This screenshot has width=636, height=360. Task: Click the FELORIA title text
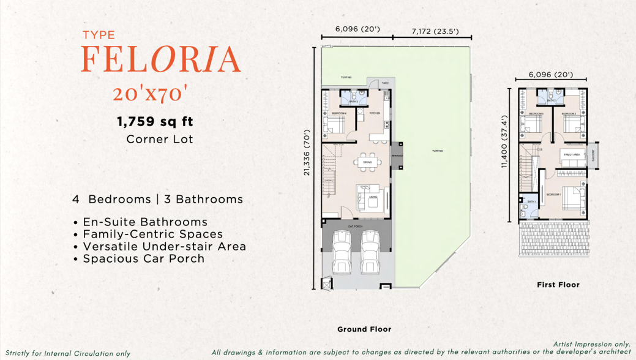[160, 59]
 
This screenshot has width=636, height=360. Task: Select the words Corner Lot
[159, 139]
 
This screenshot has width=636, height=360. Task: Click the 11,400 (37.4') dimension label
[504, 141]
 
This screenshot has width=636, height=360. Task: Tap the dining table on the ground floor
[367, 162]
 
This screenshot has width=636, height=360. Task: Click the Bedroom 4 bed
[335, 126]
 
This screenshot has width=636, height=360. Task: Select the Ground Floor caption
[364, 329]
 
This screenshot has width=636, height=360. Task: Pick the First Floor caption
[558, 285]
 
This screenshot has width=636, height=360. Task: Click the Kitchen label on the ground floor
[375, 113]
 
